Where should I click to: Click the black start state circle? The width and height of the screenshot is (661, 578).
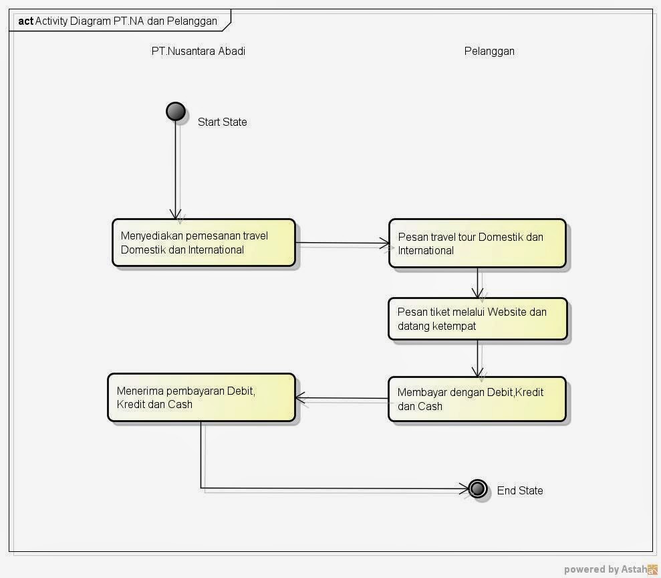point(176,112)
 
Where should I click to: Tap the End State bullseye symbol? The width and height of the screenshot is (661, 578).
point(477,489)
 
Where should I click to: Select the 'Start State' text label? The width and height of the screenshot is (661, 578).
point(222,122)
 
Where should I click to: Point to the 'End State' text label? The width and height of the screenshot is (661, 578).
point(519,490)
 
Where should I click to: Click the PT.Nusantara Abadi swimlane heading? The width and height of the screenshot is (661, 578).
point(198,51)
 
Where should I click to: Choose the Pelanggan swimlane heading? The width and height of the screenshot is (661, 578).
point(489,51)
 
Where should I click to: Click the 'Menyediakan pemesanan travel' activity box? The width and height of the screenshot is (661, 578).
point(203,243)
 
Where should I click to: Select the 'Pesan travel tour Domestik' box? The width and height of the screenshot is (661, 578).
point(477,244)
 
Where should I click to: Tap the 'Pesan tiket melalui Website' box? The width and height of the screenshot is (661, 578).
point(477,319)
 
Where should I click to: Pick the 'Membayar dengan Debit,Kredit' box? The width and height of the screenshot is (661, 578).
point(477,399)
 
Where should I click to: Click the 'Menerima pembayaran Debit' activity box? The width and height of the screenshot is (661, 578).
point(201,397)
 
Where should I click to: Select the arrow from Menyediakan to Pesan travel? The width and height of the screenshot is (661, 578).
point(342,244)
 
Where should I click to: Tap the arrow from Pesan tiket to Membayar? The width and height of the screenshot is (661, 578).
point(477,359)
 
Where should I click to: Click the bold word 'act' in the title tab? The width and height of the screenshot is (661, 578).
point(25,21)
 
